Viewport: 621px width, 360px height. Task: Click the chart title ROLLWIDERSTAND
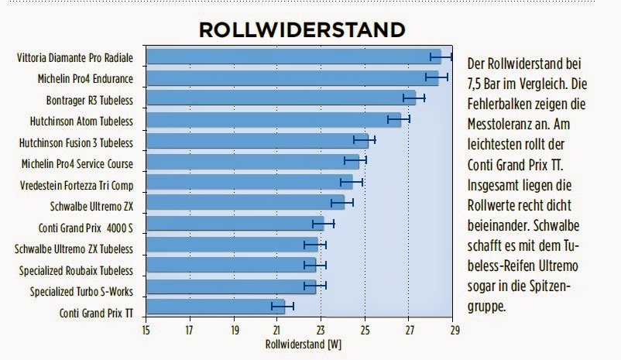301,30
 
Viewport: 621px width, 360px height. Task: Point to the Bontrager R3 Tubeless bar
280,98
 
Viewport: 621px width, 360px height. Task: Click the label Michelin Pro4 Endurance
85,78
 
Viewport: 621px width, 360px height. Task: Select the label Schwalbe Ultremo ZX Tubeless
74,249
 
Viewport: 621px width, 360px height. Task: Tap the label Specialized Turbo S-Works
81,292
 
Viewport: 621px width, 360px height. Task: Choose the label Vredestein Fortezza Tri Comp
75,186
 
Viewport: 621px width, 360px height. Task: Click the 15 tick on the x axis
146,328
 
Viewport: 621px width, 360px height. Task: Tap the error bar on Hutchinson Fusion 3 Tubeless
365,140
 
